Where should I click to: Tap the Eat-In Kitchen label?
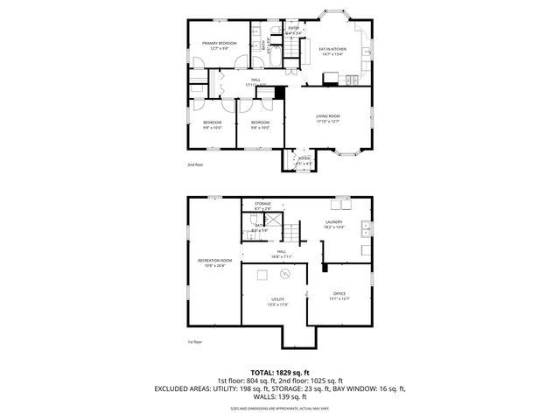(332, 49)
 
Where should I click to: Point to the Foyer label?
(304, 160)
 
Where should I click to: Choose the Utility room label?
(276, 299)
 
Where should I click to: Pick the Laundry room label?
(333, 222)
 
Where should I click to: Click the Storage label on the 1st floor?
(262, 204)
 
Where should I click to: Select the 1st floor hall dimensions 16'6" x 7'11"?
(283, 256)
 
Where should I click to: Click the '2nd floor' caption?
(194, 164)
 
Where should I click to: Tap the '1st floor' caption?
(194, 342)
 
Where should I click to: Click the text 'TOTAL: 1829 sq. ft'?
(280, 372)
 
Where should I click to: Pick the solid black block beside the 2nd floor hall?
(281, 93)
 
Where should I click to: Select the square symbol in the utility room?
(261, 276)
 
